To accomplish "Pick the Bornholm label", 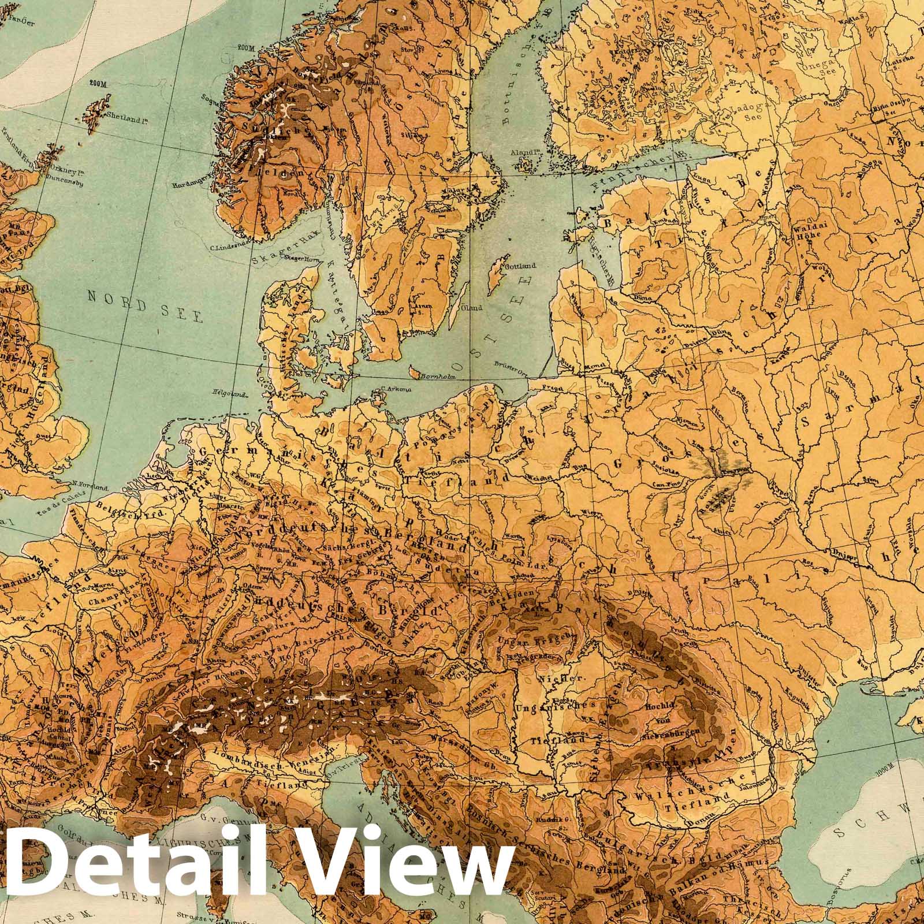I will point(439,377).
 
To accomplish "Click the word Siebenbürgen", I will point(680,732).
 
